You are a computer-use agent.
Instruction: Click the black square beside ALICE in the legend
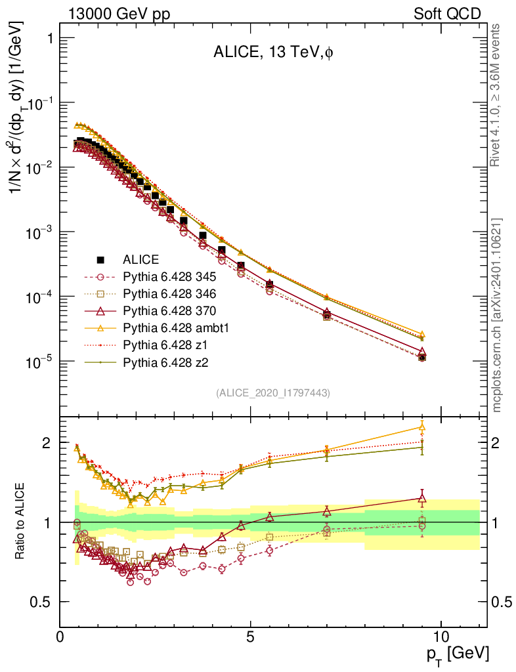tap(101, 259)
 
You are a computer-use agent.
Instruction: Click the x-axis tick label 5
tap(251, 637)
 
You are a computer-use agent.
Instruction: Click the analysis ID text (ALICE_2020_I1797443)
tap(273, 392)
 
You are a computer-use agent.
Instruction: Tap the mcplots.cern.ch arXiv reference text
tap(498, 315)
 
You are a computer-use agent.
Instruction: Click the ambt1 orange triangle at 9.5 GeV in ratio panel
tap(422, 427)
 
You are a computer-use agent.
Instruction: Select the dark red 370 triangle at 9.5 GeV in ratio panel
tap(422, 498)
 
